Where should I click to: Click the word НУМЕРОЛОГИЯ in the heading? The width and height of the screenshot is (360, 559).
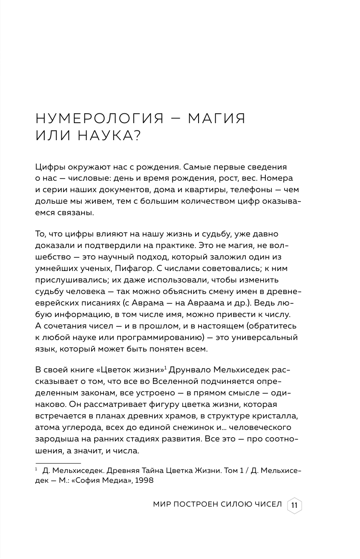coord(99,118)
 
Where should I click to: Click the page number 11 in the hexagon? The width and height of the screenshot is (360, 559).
coord(294,505)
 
